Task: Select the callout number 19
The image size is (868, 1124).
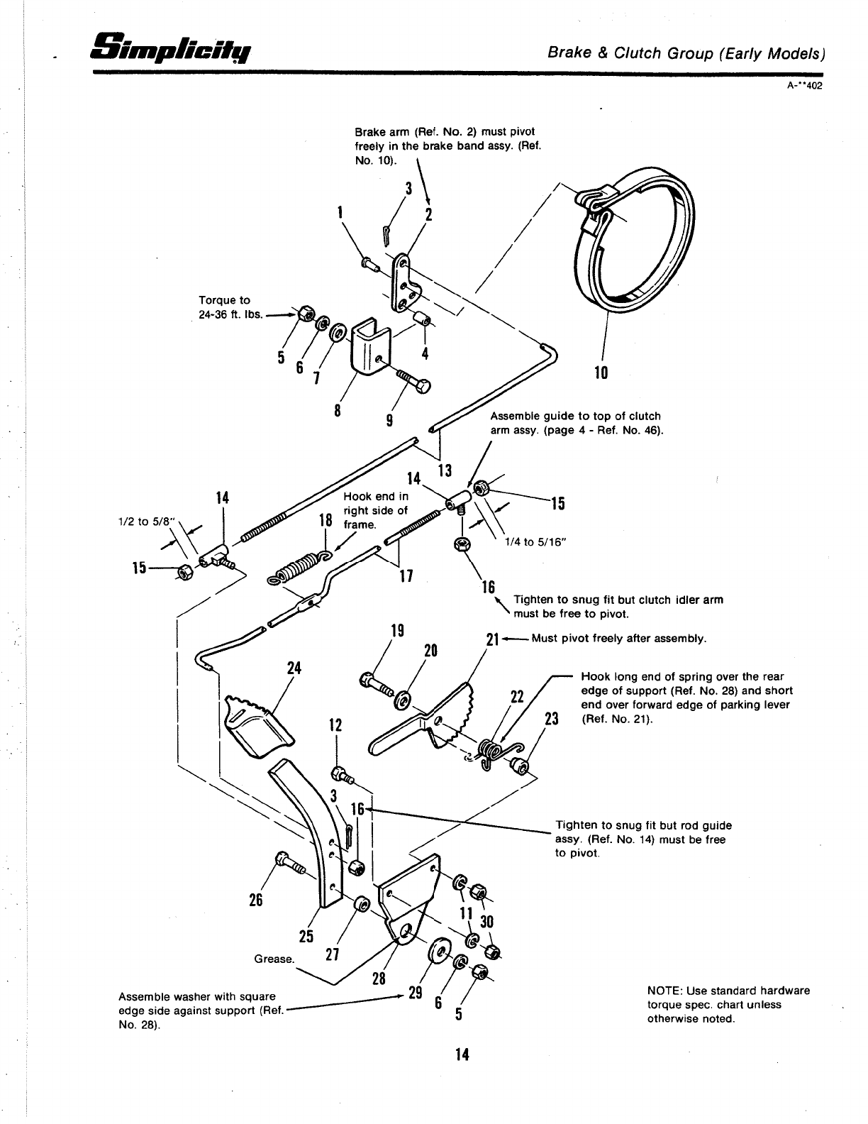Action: (x=398, y=631)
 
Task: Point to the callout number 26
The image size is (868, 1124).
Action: (x=255, y=900)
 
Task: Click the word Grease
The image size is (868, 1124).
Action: (x=274, y=959)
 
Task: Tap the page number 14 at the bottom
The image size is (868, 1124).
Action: (x=462, y=1055)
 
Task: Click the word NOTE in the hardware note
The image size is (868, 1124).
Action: (x=663, y=991)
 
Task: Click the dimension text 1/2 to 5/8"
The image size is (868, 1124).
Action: (x=140, y=520)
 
